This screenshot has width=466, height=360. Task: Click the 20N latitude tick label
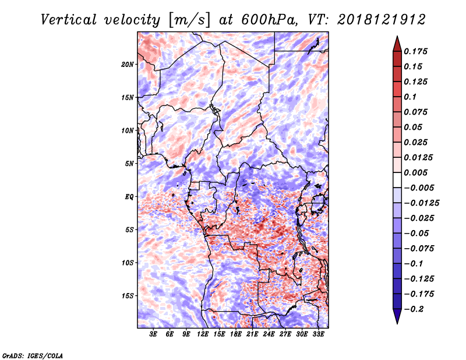click(x=127, y=65)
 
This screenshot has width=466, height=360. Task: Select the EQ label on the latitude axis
click(x=129, y=197)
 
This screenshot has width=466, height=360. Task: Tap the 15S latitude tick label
click(x=127, y=296)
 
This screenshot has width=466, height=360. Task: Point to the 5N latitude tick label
click(x=129, y=164)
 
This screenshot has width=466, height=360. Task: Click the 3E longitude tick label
click(x=153, y=334)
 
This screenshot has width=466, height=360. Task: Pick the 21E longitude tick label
click(x=252, y=334)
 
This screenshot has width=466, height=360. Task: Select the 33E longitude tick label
click(x=318, y=334)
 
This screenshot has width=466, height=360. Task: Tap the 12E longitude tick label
click(x=202, y=334)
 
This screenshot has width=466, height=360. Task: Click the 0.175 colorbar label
click(x=415, y=51)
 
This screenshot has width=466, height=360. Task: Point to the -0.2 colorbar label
click(x=414, y=309)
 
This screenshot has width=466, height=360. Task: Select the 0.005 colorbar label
click(x=415, y=172)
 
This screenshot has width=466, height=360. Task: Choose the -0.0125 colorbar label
click(x=421, y=203)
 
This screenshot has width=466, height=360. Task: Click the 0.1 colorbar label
click(x=410, y=97)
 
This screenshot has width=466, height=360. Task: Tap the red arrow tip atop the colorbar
click(x=397, y=36)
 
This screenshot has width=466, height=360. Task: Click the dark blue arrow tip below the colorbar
click(x=397, y=323)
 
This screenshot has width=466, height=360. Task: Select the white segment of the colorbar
click(x=397, y=180)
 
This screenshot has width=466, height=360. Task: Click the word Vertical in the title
click(x=68, y=20)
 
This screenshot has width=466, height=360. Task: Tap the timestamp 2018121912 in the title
click(x=382, y=20)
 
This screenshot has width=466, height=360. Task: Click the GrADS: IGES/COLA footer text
click(x=33, y=356)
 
